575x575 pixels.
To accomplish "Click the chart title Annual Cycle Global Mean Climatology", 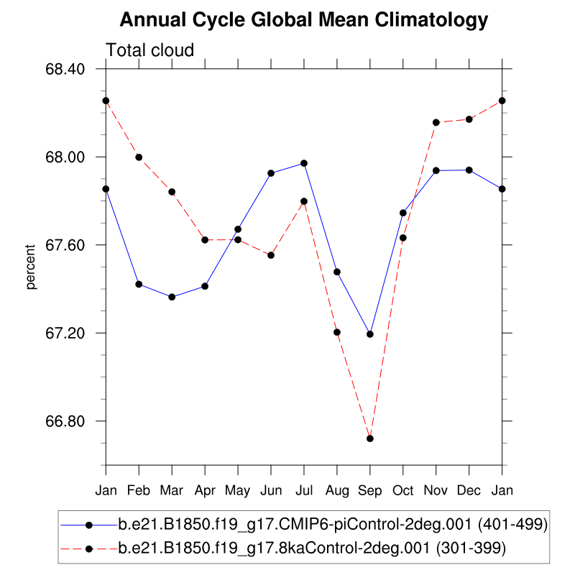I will coord(303,20).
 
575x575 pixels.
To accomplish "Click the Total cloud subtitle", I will coord(150,50).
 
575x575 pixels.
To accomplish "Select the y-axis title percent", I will coord(31,267).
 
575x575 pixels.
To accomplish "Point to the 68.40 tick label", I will coord(65,70).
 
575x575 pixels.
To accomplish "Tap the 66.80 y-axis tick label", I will coord(65,421).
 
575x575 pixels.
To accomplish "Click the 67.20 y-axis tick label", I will coord(65,333).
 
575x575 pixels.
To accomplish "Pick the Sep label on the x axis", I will coord(370,490).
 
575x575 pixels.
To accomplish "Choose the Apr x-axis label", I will coord(205,490).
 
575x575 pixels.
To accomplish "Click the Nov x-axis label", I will coord(436,490).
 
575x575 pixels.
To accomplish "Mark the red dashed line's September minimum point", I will coord(370,438).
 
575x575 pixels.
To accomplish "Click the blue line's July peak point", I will coord(304,163).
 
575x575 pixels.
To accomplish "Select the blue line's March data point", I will coord(172,297).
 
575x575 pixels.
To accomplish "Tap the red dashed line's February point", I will coord(139,157).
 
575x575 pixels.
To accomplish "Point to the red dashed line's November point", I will coord(436,122).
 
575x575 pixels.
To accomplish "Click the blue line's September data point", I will coord(370,334).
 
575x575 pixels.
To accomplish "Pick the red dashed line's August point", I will coord(337,332).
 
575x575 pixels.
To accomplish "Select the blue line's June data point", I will coord(271,173).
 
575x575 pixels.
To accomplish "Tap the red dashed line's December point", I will coord(469,119).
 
